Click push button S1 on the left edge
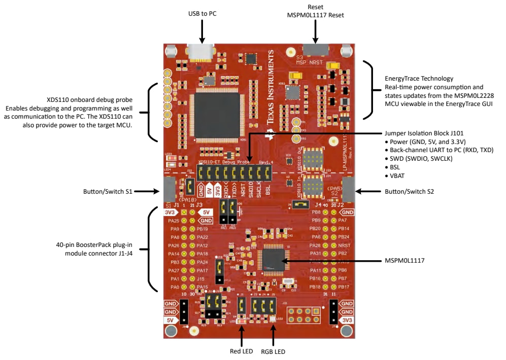169,189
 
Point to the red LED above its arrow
242,321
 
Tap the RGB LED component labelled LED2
273,319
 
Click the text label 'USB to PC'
201,13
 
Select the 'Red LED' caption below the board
242,350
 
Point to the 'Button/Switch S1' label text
108,192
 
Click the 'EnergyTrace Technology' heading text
419,79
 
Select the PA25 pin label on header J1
174,221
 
